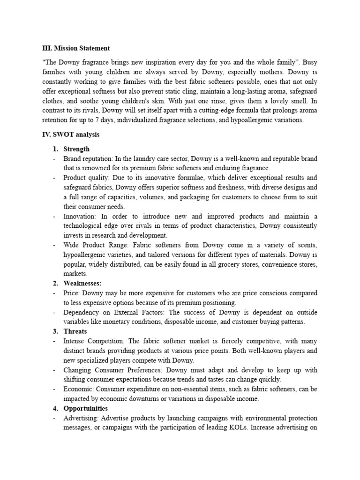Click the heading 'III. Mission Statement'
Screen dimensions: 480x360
[x=76, y=48]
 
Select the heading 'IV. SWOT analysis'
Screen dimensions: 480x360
[x=71, y=135]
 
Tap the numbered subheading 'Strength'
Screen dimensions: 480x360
[x=77, y=149]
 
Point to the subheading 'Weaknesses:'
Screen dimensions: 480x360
[x=82, y=283]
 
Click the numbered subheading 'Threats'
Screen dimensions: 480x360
[x=75, y=331]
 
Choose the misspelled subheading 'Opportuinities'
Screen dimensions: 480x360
[x=86, y=408]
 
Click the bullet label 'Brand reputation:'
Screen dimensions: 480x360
[x=87, y=159]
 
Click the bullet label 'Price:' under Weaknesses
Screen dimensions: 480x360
[x=72, y=293]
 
